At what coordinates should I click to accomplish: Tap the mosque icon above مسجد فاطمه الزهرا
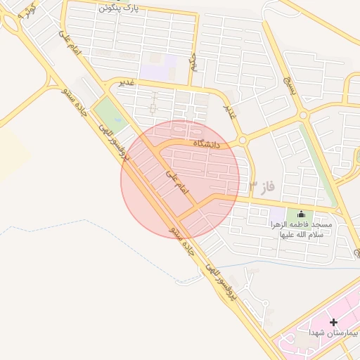pyautogui.click(x=302, y=214)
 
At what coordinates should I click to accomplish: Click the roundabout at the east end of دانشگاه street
pyautogui.click(x=243, y=141)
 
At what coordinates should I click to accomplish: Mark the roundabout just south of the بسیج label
pyautogui.click(x=303, y=114)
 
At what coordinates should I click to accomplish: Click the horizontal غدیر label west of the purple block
pyautogui.click(x=127, y=82)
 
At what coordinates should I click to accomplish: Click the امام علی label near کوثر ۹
pyautogui.click(x=71, y=42)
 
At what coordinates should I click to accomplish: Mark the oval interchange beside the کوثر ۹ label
pyautogui.click(x=10, y=22)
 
